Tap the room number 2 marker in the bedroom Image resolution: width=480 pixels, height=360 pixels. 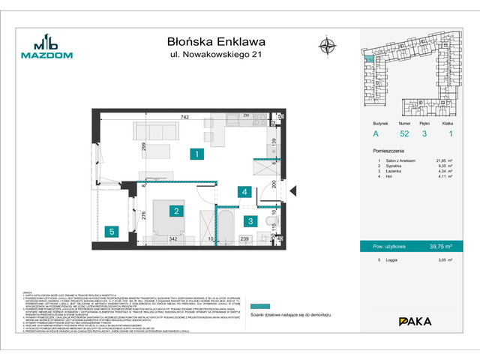point(175,211)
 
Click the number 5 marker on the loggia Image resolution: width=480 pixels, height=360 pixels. point(110,231)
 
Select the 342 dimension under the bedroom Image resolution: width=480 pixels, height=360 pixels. point(173,238)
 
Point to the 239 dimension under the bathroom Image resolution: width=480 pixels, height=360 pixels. point(244,238)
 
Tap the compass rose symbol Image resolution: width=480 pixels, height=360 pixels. point(326,44)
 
